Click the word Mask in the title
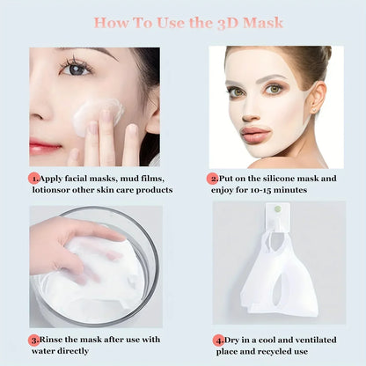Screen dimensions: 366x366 point(264,21)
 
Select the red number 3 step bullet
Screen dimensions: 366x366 point(34,338)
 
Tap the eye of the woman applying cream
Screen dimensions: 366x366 point(77,69)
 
